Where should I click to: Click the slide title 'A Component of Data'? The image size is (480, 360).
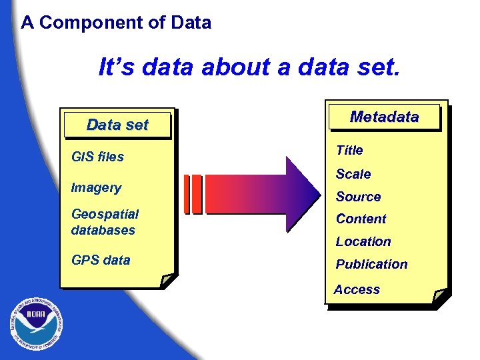click(x=116, y=23)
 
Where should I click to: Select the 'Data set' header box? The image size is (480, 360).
click(x=117, y=125)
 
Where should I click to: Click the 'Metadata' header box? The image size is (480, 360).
click(x=384, y=117)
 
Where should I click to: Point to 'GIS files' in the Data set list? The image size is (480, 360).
click(x=97, y=157)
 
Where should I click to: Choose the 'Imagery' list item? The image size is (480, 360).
click(x=96, y=188)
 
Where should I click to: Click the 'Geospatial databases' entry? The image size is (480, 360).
click(x=105, y=222)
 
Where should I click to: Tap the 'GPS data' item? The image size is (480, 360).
click(x=101, y=260)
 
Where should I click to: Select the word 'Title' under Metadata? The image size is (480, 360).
click(x=349, y=151)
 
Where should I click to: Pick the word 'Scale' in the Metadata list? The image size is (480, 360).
click(x=353, y=174)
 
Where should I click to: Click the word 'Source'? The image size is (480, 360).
click(x=358, y=197)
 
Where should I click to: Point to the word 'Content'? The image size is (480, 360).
click(x=361, y=219)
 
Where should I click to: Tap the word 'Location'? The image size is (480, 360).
click(x=363, y=241)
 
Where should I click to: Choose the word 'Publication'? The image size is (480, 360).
click(x=371, y=264)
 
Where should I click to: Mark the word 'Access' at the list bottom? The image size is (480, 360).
click(x=357, y=289)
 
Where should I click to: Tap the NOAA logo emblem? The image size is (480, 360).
click(x=37, y=324)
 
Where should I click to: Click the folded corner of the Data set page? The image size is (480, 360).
click(x=169, y=281)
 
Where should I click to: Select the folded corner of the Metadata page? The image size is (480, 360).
click(x=440, y=297)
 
